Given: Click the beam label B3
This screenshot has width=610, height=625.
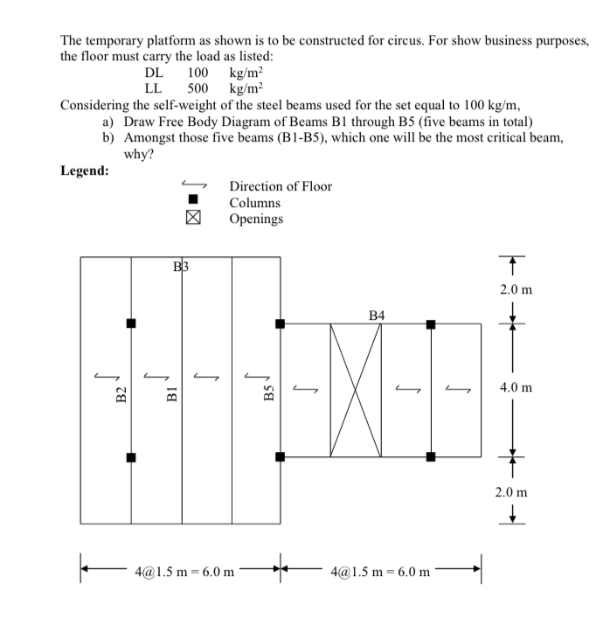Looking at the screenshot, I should tap(181, 266).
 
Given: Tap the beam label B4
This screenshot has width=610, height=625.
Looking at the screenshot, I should tap(378, 314).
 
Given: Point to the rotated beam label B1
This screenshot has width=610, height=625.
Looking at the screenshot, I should tap(173, 394).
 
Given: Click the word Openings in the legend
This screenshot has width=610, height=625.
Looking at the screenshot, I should tap(256, 219).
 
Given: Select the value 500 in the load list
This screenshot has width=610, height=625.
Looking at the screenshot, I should tap(198, 88).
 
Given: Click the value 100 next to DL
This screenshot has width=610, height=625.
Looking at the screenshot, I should tap(198, 73).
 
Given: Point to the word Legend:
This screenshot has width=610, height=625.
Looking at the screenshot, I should tap(85, 170).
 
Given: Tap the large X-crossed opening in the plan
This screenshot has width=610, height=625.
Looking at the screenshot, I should tap(356, 390).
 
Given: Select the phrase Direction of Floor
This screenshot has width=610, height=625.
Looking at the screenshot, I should tap(281, 186).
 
